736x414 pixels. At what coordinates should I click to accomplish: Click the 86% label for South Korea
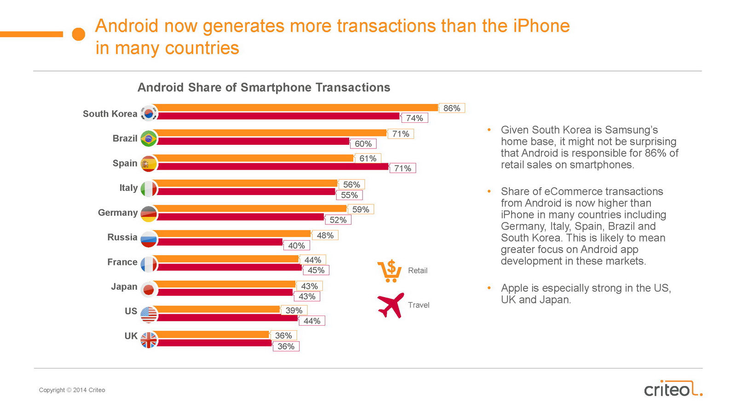click(452, 108)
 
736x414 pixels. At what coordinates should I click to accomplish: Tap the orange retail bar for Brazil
click(271, 133)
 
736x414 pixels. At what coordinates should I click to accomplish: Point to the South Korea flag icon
click(149, 113)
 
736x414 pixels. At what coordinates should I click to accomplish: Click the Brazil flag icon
click(149, 138)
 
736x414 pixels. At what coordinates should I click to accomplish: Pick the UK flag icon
click(149, 340)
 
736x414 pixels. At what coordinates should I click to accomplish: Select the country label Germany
click(118, 213)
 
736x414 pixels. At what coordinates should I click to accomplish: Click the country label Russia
click(122, 237)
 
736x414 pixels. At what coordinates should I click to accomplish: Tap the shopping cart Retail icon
click(390, 271)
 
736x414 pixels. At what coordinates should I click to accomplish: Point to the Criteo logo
click(673, 389)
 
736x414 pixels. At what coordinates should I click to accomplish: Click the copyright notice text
click(72, 390)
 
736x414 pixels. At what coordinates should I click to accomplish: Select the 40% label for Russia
click(296, 246)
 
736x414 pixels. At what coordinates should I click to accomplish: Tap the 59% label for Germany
click(361, 209)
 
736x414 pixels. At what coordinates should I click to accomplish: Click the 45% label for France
click(316, 270)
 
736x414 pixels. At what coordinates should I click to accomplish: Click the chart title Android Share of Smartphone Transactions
click(264, 87)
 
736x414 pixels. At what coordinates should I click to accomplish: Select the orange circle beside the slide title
click(79, 34)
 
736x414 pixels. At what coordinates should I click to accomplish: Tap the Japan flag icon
click(149, 289)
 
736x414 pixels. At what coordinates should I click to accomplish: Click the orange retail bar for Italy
click(246, 183)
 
